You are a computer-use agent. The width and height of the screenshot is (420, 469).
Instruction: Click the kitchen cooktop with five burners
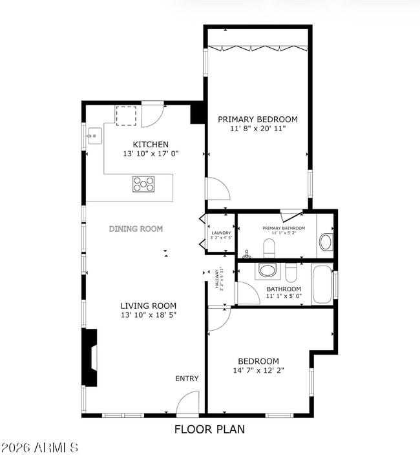[144, 184]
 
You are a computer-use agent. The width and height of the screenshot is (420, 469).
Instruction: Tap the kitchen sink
[95, 136]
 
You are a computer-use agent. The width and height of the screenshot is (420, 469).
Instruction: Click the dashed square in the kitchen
[126, 115]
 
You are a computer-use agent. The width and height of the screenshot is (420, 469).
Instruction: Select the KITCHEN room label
[151, 144]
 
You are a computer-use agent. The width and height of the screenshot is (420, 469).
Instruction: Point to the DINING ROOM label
[136, 229]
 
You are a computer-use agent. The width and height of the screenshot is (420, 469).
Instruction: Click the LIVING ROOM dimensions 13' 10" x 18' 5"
[148, 315]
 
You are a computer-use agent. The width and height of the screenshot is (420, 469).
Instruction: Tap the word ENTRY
[187, 379]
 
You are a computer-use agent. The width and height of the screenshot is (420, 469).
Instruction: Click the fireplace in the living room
[90, 358]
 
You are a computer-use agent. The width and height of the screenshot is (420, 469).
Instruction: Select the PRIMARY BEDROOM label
[257, 120]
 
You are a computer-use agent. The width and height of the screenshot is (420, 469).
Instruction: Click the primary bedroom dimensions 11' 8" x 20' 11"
[257, 129]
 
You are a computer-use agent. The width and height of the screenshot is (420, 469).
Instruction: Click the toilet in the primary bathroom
[269, 247]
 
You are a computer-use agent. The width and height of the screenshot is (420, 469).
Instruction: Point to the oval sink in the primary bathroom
[326, 243]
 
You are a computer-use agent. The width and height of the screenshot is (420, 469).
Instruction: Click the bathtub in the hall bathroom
[322, 284]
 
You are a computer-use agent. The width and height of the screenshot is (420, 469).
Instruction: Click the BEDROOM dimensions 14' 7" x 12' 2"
[258, 371]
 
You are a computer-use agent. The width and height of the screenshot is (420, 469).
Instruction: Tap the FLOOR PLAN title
[209, 428]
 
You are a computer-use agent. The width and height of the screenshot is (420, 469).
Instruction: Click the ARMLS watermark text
[40, 446]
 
